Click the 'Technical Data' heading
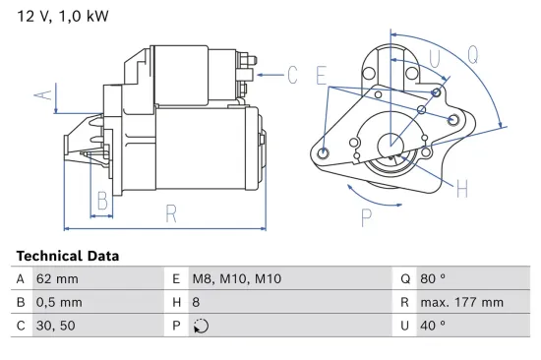(67, 256)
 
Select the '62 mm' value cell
(56, 279)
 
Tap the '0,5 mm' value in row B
(59, 302)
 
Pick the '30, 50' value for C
(55, 326)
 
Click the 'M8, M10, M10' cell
(236, 279)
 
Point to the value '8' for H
(196, 302)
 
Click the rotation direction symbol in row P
(199, 326)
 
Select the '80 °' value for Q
(433, 279)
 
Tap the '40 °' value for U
(433, 326)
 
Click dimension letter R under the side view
(170, 212)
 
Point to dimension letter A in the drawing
(40, 95)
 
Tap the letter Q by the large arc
(473, 55)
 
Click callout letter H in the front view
(461, 187)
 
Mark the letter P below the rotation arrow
(367, 218)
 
